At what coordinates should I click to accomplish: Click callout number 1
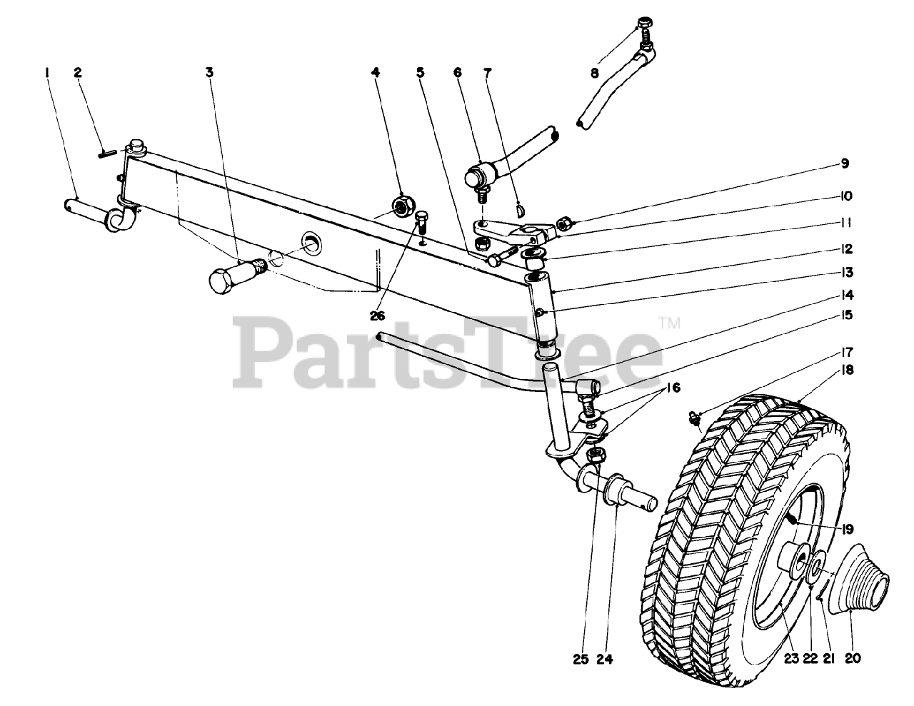coord(46,71)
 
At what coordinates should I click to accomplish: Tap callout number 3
coord(209,71)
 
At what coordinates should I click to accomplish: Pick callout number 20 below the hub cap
coord(853,660)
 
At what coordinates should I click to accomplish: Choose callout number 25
coord(581,660)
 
